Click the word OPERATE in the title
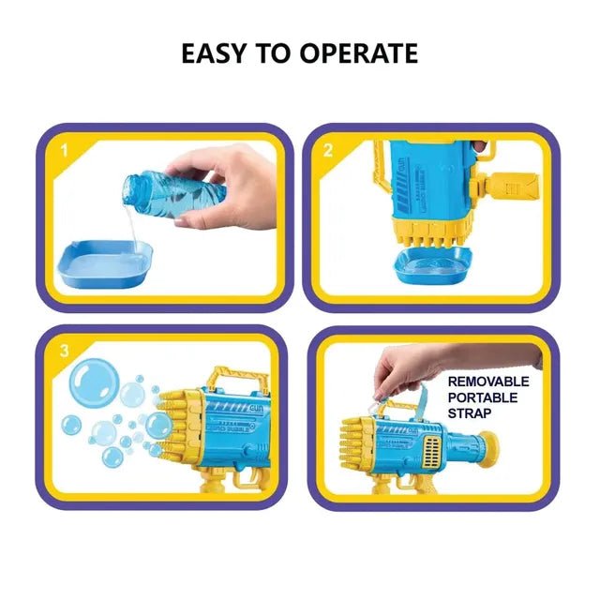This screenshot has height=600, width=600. (359, 53)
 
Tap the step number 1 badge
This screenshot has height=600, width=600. (65, 147)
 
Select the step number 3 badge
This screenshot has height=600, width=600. (65, 350)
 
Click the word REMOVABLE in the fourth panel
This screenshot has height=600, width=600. (487, 382)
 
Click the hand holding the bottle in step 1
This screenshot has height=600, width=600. (216, 187)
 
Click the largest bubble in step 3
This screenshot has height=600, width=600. (95, 383)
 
